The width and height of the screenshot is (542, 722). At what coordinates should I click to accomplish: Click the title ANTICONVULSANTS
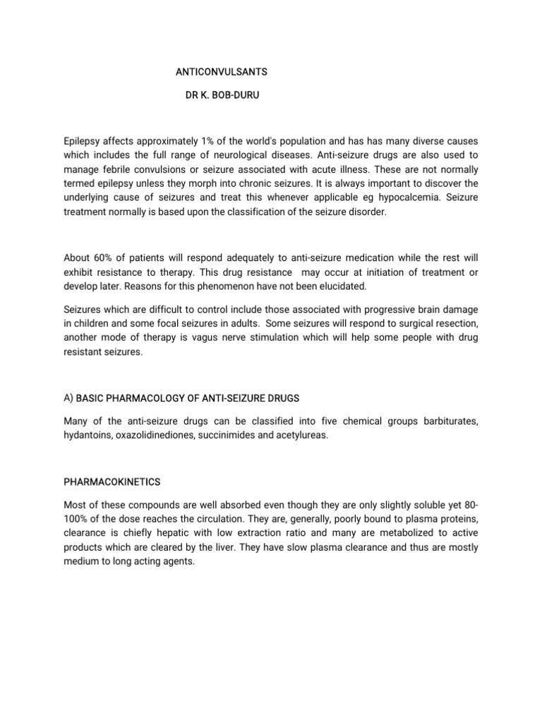tap(221, 72)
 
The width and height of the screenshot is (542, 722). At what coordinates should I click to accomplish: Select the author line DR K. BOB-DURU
tap(222, 94)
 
